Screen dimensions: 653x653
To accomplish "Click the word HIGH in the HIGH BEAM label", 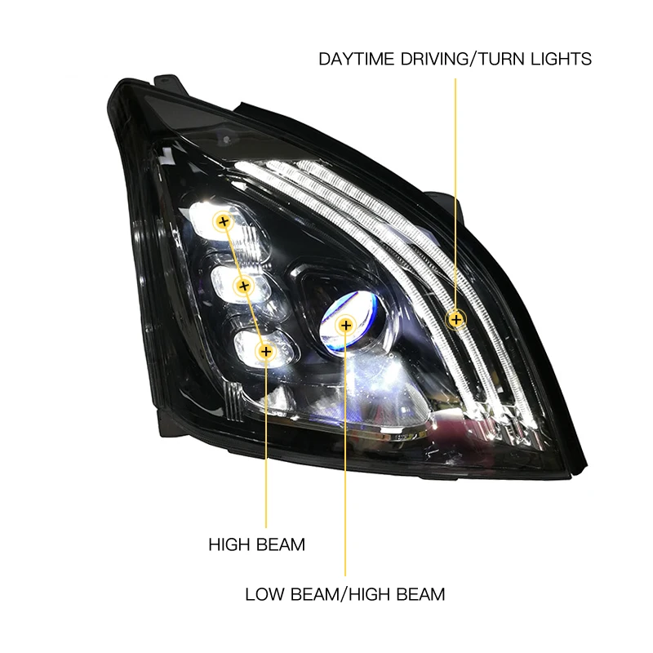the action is [x=230, y=544].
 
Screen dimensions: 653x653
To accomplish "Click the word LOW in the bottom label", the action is [x=265, y=593].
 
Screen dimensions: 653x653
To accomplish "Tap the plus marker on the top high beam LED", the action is [x=223, y=221].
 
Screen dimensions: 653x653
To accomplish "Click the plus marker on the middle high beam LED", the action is [x=243, y=286].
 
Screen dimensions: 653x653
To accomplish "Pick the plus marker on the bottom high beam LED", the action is [x=264, y=352].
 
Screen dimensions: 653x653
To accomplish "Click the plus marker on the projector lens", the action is [x=345, y=326].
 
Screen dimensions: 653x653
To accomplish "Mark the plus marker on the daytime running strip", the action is [x=455, y=318].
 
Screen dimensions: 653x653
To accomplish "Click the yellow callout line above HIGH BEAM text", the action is [x=265, y=441].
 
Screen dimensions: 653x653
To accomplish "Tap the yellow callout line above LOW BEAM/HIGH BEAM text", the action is [x=345, y=457].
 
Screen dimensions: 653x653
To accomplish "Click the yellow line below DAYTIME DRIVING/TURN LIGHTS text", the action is [x=455, y=188].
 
